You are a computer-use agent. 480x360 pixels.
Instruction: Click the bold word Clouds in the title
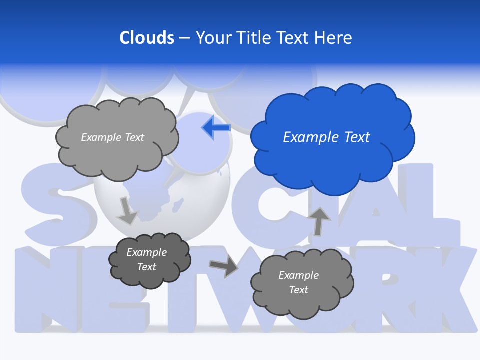[146, 38]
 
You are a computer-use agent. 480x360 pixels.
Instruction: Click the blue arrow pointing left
[216, 128]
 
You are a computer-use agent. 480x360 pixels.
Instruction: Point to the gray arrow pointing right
[223, 266]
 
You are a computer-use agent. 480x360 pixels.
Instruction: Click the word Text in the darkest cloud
[146, 267]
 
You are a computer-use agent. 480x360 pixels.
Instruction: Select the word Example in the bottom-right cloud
[298, 275]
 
